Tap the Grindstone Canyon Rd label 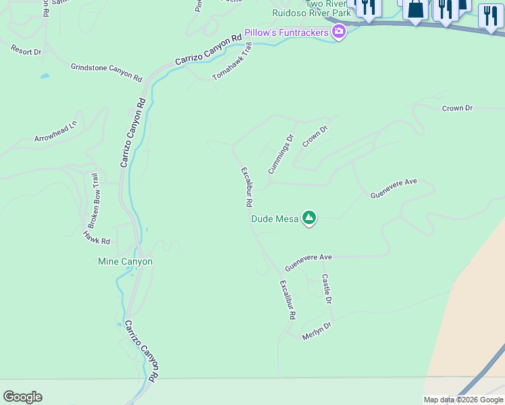click(x=106, y=72)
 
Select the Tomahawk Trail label click(x=232, y=62)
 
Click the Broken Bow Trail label click(x=93, y=201)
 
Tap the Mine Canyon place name click(x=126, y=262)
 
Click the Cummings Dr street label click(x=281, y=155)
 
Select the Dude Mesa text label click(x=275, y=219)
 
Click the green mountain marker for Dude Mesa click(x=309, y=217)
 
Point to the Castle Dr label click(x=327, y=288)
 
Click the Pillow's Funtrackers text click(x=286, y=32)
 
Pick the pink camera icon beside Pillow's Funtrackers click(x=339, y=31)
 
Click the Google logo click(x=22, y=396)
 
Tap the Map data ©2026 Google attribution click(x=463, y=400)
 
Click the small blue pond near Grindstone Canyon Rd click(x=45, y=76)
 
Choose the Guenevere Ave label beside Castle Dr click(x=309, y=258)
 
